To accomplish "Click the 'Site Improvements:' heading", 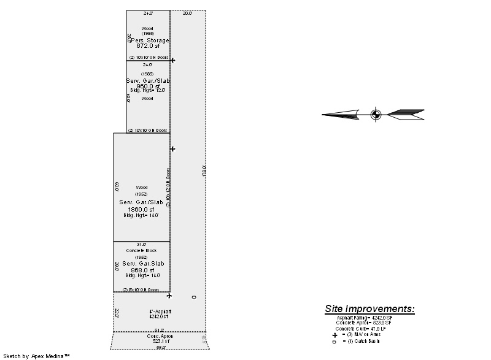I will pos(369,308).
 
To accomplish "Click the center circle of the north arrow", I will pos(376,114).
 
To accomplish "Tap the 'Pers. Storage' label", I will pos(148,40).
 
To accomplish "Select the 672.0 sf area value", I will pos(147,46).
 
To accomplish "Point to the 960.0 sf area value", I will pos(147,86).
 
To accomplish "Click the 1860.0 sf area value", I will pos(141,209).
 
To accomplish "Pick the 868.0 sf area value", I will pos(142,270).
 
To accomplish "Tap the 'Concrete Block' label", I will pos(142,251).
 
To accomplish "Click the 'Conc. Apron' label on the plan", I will pos(158,336).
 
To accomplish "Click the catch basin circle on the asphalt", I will pos(194,297).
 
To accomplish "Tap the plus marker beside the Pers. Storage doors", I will pos(172,60).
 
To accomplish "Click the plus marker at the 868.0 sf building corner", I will pos(169,296).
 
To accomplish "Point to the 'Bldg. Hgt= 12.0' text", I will pos(147,91).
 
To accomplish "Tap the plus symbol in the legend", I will pos(334,335).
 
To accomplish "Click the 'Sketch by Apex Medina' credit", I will pos(37,356).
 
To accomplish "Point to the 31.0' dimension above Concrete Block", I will pos(141,244).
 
